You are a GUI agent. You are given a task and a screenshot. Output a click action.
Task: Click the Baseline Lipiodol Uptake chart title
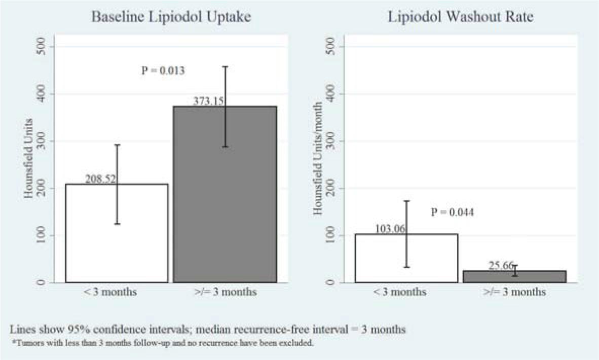pyautogui.click(x=171, y=16)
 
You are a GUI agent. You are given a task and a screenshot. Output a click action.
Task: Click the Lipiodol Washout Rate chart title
pyautogui.click(x=461, y=16)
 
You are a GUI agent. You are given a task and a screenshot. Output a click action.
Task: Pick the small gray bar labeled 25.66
pyautogui.click(x=514, y=277)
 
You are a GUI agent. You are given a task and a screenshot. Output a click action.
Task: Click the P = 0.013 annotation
pyautogui.click(x=162, y=70)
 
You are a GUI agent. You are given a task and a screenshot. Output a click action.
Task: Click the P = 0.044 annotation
pyautogui.click(x=452, y=212)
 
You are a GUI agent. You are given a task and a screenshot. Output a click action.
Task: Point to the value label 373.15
pyautogui.click(x=208, y=101)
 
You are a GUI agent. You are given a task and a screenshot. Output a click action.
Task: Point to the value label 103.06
pyautogui.click(x=391, y=229)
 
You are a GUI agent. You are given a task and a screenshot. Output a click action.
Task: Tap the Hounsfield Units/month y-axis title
pyautogui.click(x=318, y=164)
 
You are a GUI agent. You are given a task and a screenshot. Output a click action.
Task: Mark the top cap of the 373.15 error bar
pyautogui.click(x=225, y=66)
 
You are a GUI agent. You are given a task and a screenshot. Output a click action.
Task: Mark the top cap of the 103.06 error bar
pyautogui.click(x=406, y=201)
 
